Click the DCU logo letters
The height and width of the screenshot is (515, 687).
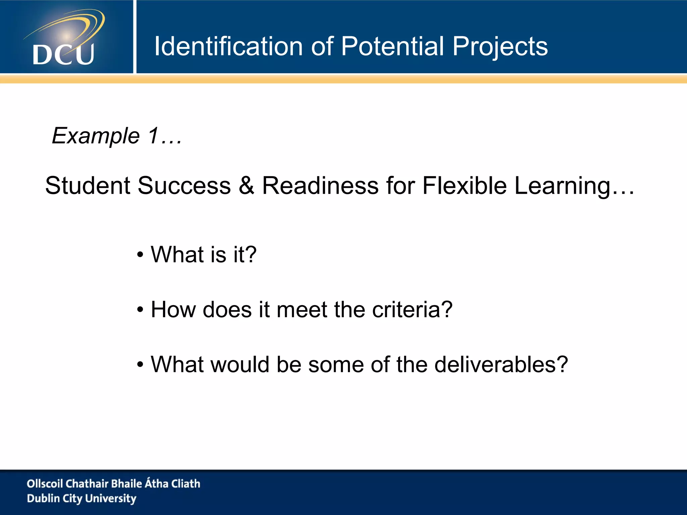click(63, 54)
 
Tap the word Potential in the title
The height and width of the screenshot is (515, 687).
click(392, 46)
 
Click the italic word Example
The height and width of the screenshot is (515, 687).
click(96, 136)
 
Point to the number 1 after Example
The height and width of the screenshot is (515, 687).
click(154, 135)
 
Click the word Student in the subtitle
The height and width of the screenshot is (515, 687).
click(88, 185)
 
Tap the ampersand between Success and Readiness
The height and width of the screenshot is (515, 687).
click(247, 185)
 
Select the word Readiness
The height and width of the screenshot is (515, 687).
click(320, 185)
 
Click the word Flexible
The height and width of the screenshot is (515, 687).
click(464, 185)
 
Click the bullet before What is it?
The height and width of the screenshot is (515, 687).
click(140, 255)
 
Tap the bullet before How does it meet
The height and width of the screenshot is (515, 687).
click(140, 310)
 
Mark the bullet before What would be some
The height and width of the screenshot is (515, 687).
click(140, 365)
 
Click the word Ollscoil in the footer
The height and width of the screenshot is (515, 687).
click(45, 483)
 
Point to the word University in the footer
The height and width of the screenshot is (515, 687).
click(111, 499)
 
